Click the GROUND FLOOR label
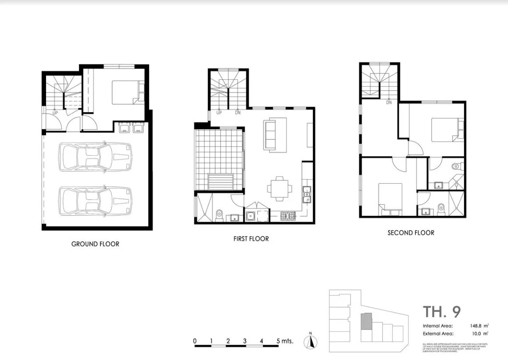click(95, 244)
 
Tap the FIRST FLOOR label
click(252, 239)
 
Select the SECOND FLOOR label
click(411, 232)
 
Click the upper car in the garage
click(95, 157)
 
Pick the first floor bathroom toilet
click(220, 216)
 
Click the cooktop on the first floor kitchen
click(288, 216)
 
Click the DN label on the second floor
click(389, 103)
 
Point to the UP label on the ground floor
click(55, 113)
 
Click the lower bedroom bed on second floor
click(390, 200)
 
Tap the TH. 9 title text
click(441, 312)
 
